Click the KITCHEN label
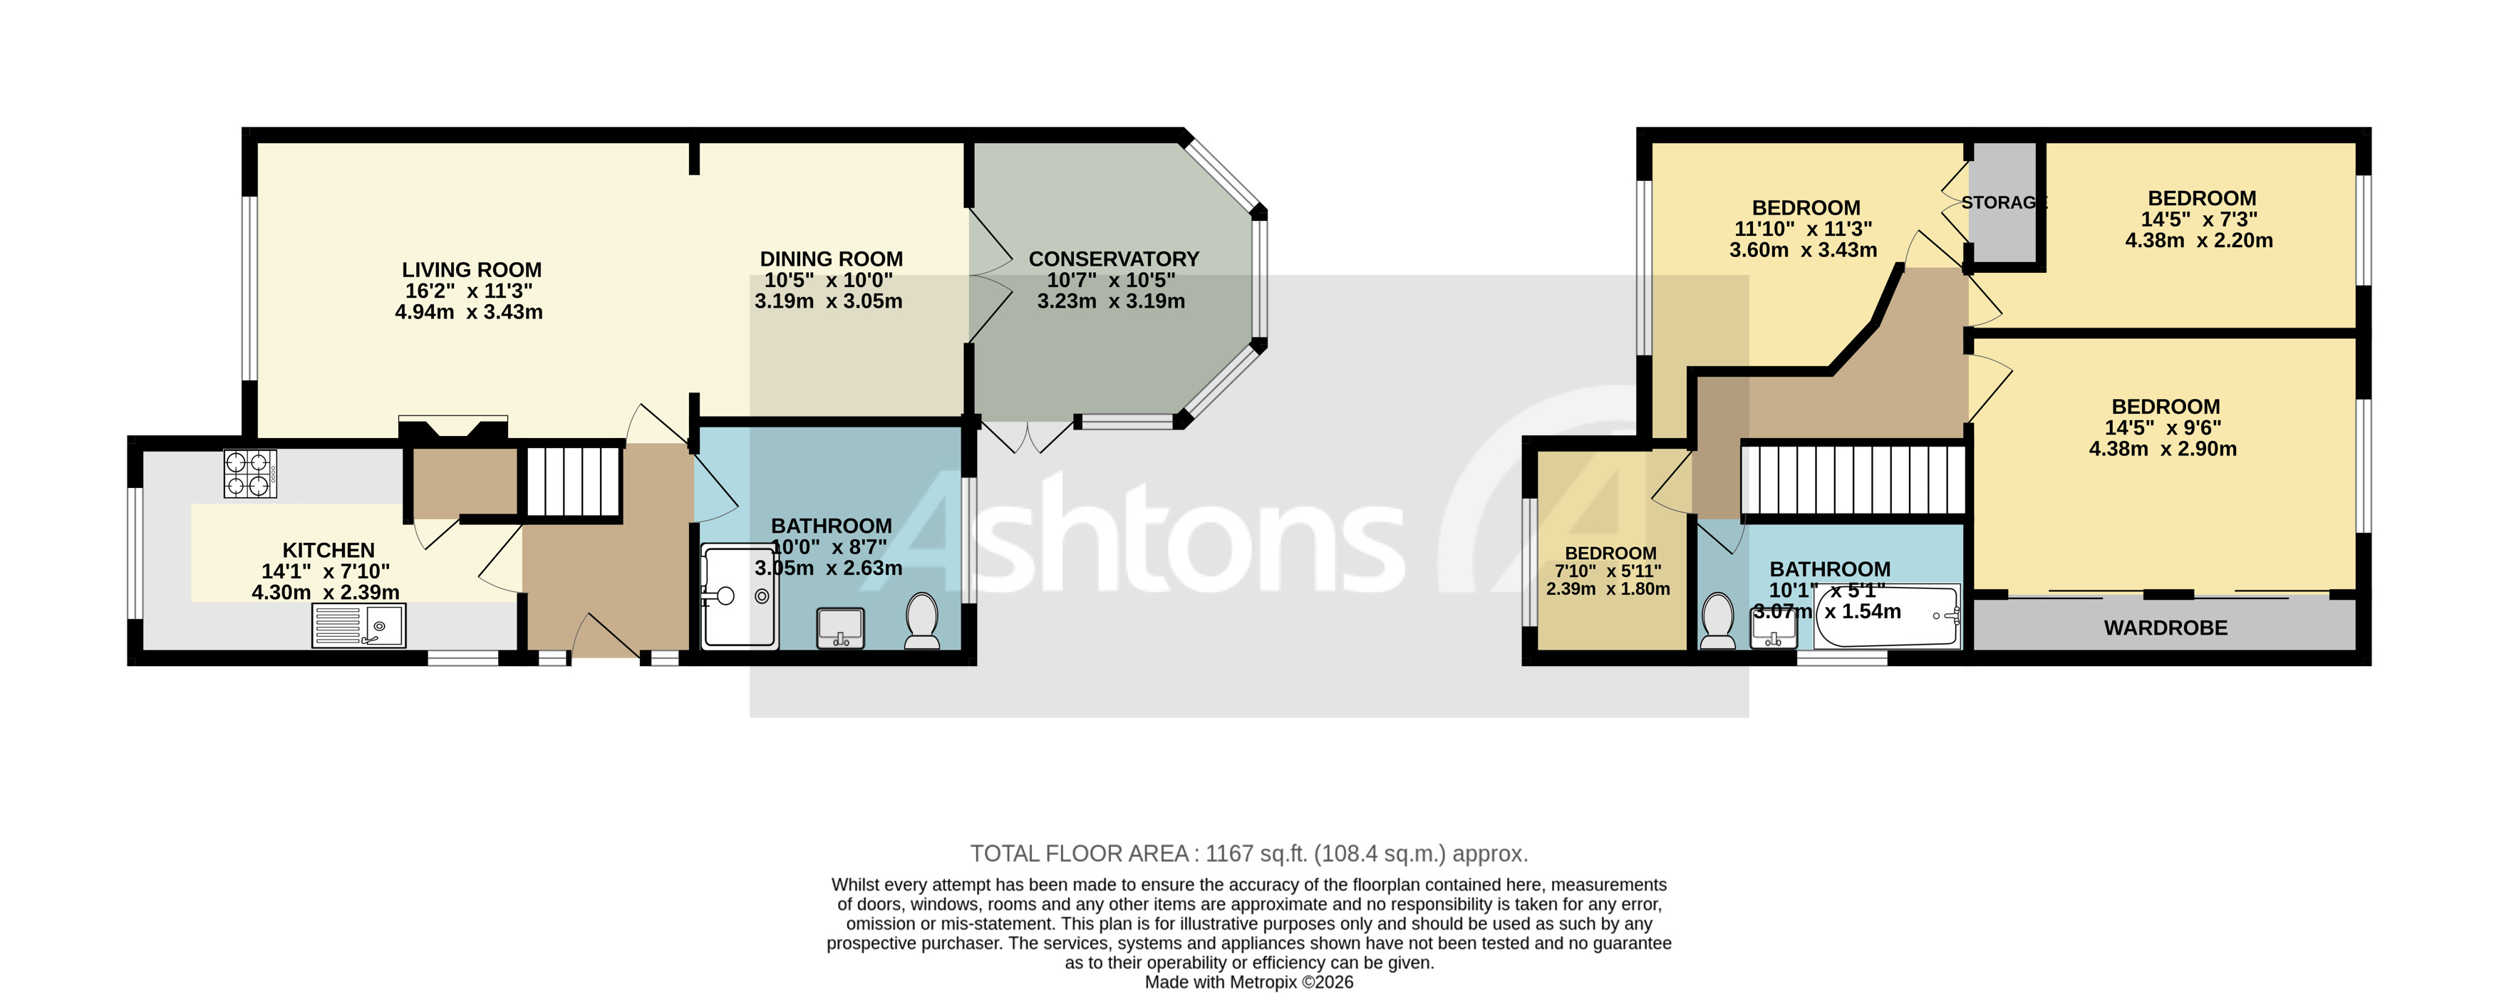pos(328,551)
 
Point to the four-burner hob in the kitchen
pos(250,474)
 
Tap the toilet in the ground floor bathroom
pos(921,620)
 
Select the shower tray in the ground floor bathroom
pos(739,596)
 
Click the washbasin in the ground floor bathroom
pos(841,628)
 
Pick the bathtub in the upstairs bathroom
pos(1887,618)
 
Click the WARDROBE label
pos(2166,628)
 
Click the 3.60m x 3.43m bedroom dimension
pos(1803,250)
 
